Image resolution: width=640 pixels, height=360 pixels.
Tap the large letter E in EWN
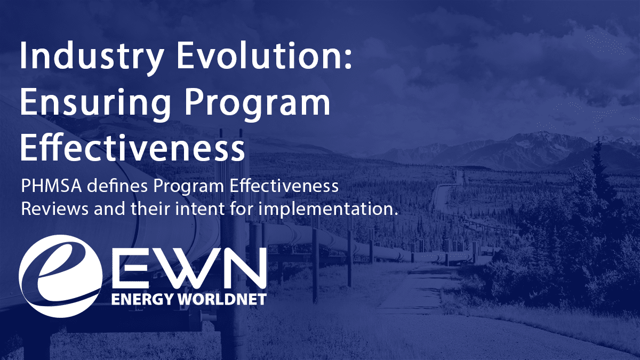pyautogui.click(x=132, y=272)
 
